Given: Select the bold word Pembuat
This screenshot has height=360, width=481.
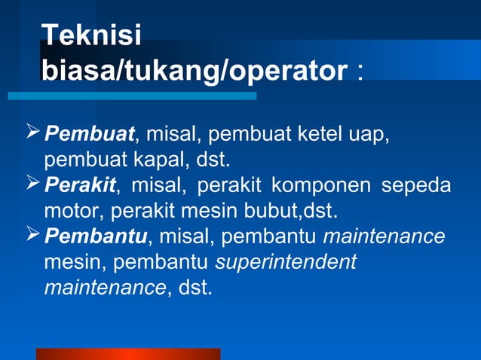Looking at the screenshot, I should coord(90,136).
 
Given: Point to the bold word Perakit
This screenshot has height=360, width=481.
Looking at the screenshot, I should coord(80,185).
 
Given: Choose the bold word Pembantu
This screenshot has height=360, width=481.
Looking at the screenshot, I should coord(96,236).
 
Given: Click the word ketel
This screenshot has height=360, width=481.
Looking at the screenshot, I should coord(317,136).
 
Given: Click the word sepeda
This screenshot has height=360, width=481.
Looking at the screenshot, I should coord(416,185).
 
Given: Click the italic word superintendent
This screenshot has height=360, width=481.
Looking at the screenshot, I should coord(285,262).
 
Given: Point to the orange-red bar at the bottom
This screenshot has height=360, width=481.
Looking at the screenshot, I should coord(128,353).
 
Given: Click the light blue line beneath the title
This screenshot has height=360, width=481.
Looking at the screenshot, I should coord(132,96).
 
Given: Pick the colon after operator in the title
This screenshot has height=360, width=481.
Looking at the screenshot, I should coord(360,73).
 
